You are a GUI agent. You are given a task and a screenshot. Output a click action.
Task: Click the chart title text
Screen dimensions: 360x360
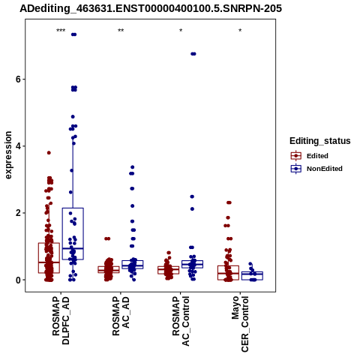click(151, 9)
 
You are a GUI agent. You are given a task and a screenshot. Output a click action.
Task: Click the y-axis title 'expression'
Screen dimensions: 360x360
click(8, 155)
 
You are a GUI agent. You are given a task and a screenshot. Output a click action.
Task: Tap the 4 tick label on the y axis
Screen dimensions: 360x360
click(18, 146)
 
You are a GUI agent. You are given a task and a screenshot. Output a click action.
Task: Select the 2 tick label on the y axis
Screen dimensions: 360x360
click(18, 213)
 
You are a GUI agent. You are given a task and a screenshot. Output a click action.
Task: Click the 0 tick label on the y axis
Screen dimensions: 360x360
click(18, 280)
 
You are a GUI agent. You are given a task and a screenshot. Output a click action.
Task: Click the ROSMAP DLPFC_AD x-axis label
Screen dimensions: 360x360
click(61, 320)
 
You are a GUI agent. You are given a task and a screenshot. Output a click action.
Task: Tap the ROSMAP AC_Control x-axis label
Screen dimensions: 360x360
click(181, 321)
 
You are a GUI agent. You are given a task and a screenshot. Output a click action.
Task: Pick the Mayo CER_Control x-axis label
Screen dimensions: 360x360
click(240, 324)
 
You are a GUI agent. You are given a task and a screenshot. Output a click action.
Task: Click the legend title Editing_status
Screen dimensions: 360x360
click(320, 141)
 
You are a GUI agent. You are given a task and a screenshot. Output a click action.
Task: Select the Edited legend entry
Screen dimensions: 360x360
click(310, 156)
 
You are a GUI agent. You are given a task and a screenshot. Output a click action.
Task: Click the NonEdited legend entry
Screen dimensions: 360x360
click(316, 169)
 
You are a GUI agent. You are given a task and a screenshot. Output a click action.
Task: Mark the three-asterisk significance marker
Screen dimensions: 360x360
click(61, 31)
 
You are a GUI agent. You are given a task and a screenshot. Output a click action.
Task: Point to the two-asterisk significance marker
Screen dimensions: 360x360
click(121, 31)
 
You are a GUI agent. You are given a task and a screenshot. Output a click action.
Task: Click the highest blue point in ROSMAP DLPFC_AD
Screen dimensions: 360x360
click(73, 34)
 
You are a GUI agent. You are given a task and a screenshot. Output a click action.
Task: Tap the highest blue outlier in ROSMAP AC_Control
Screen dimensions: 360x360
click(193, 54)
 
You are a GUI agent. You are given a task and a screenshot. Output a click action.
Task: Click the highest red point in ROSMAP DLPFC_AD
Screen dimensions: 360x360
click(49, 153)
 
